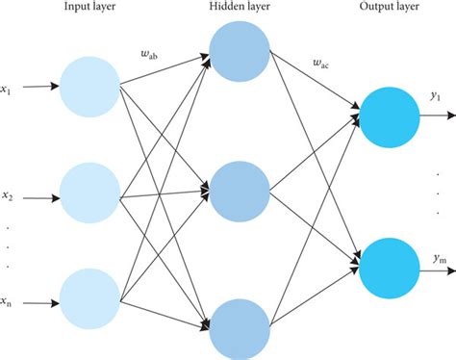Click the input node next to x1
91,87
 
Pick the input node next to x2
91,196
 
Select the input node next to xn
91,300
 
